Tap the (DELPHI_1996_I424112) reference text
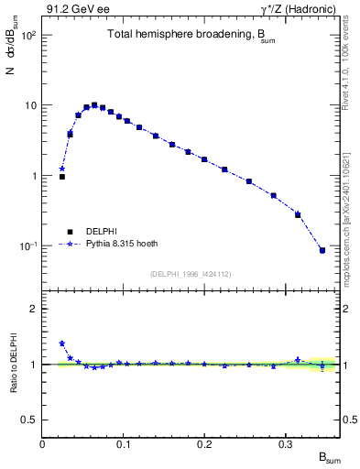tap(191, 274)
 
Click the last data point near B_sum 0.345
tap(322, 250)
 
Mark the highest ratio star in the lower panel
tap(62, 344)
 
